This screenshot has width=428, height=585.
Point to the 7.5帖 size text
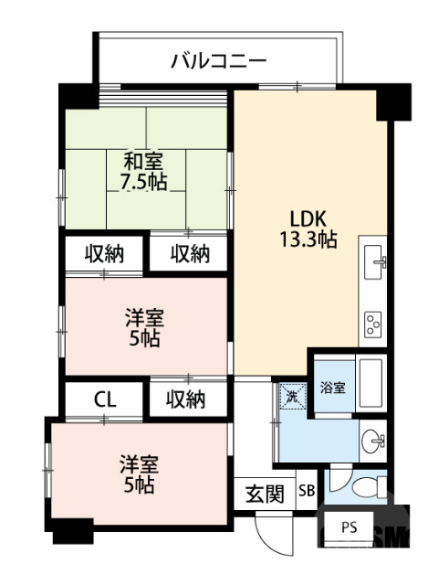[144, 181]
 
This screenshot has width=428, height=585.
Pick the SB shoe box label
[307, 492]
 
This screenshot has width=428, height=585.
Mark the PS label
[350, 527]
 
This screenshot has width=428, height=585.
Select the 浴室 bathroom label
[332, 388]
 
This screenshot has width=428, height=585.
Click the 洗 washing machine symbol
[291, 397]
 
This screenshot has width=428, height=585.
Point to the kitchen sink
[373, 263]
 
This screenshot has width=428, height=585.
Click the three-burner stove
[373, 321]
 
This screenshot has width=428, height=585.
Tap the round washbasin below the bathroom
[372, 443]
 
